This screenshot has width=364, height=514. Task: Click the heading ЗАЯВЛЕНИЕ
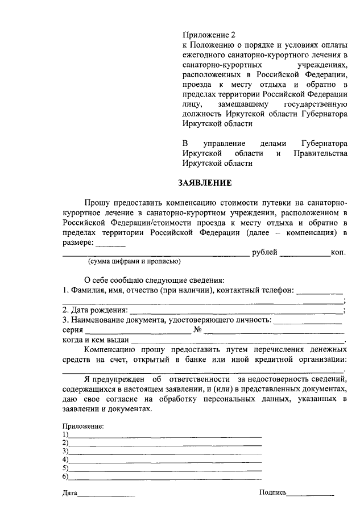tap(205, 183)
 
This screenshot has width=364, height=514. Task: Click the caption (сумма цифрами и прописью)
tap(134, 262)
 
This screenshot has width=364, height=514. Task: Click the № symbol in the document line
tap(198, 330)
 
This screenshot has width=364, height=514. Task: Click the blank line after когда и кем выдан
tap(238, 341)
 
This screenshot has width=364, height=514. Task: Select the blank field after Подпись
tap(311, 494)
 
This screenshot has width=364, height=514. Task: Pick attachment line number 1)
tap(165, 435)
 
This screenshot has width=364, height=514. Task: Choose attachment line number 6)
tap(165, 477)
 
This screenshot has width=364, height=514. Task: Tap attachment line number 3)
tap(165, 452)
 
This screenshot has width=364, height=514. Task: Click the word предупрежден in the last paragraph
tap(119, 379)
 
